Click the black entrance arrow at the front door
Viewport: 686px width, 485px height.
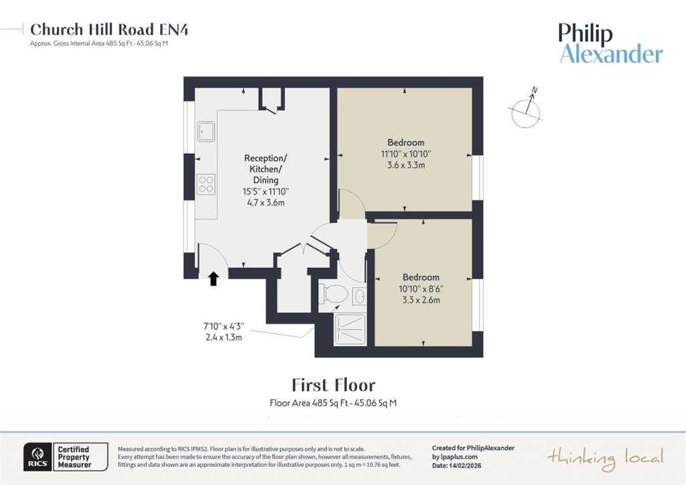pyautogui.click(x=214, y=279)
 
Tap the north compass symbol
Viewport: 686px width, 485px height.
pyautogui.click(x=527, y=110)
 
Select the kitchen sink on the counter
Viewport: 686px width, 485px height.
pyautogui.click(x=206, y=131)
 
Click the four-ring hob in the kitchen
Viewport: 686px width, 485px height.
pyautogui.click(x=206, y=184)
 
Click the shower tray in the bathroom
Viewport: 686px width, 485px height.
pyautogui.click(x=350, y=329)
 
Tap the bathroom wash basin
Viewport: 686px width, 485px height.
pyautogui.click(x=360, y=296)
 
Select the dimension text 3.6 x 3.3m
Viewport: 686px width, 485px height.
pyautogui.click(x=406, y=164)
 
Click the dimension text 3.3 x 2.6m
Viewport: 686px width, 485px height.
pyautogui.click(x=421, y=300)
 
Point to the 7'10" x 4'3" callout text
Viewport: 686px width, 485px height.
pyautogui.click(x=223, y=327)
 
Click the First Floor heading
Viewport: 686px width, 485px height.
pyautogui.click(x=334, y=385)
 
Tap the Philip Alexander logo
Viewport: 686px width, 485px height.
pyautogui.click(x=610, y=44)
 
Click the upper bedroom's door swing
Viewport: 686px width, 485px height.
pyautogui.click(x=348, y=203)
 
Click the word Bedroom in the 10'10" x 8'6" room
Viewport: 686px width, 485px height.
pyautogui.click(x=421, y=277)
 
